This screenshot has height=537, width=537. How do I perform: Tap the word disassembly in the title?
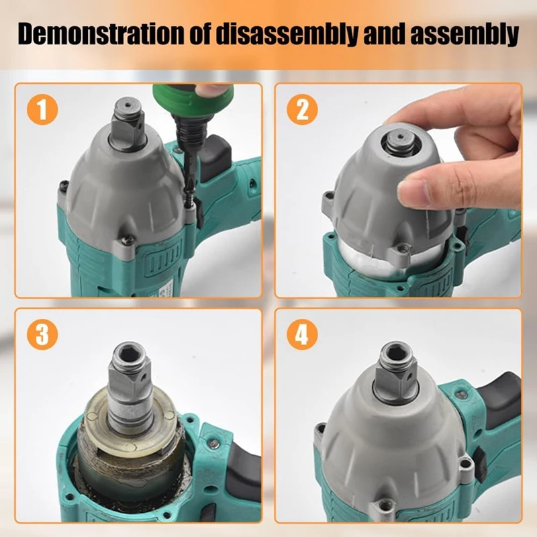[x=286, y=34]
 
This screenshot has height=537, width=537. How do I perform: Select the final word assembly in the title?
[x=464, y=34]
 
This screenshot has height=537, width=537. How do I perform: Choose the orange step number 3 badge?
[x=42, y=334]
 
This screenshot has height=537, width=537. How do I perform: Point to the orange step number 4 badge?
[x=302, y=334]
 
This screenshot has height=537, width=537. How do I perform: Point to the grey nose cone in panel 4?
[x=391, y=445]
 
